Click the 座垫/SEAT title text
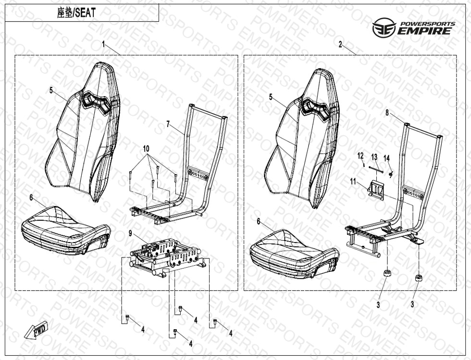click(76, 13)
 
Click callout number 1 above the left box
click(103, 44)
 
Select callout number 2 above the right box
click(340, 44)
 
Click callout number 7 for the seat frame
click(168, 124)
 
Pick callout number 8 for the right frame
click(387, 113)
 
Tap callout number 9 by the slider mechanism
click(130, 233)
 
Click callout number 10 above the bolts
click(146, 148)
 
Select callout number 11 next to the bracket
click(353, 181)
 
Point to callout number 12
click(360, 155)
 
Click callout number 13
click(374, 157)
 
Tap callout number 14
click(386, 157)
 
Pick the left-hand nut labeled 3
click(387, 274)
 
